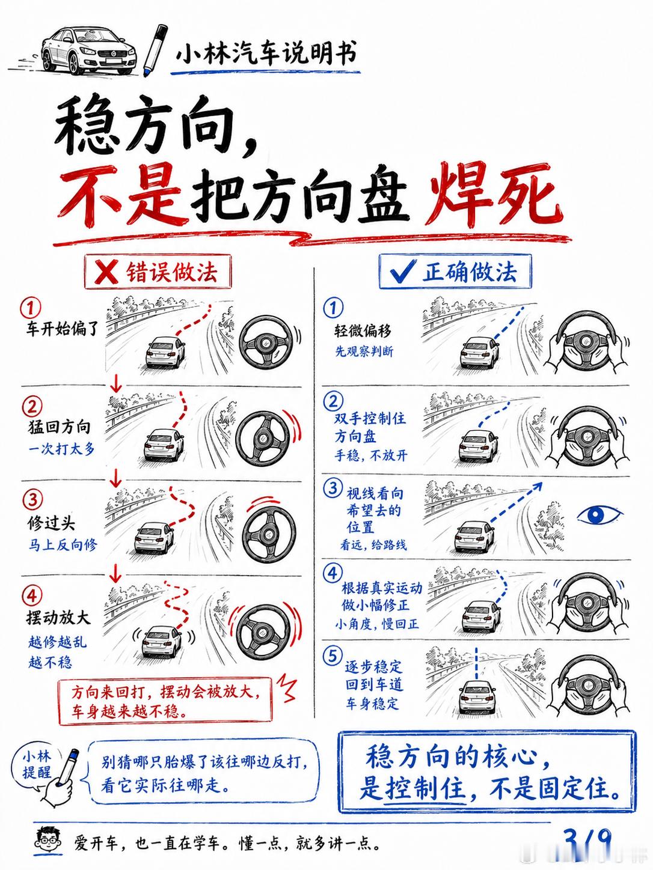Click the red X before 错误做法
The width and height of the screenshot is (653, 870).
pyautogui.click(x=106, y=272)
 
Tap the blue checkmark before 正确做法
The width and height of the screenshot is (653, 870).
pyautogui.click(x=402, y=271)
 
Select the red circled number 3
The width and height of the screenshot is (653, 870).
pyautogui.click(x=32, y=500)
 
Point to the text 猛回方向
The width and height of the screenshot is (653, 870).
pyautogui.click(x=59, y=427)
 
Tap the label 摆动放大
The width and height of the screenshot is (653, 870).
pyautogui.click(x=58, y=618)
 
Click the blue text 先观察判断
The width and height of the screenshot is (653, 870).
pyautogui.click(x=364, y=351)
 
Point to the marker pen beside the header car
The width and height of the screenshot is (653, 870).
pyautogui.click(x=155, y=50)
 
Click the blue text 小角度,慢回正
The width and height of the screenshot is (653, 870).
pyautogui.click(x=376, y=624)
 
